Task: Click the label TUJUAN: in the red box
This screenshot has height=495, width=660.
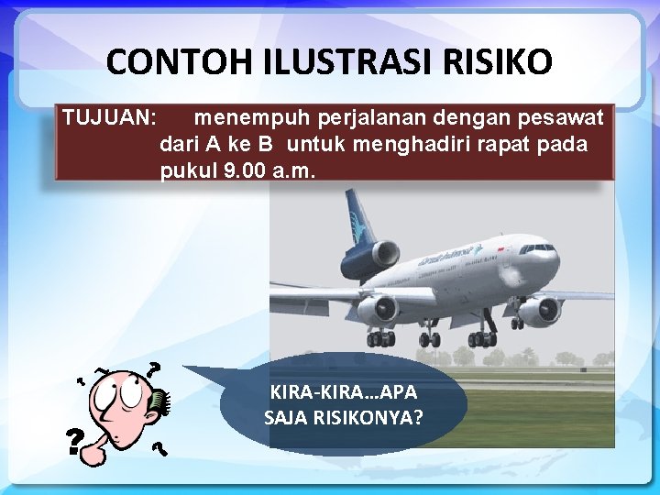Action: click(x=109, y=118)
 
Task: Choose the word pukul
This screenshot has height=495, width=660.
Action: click(x=189, y=171)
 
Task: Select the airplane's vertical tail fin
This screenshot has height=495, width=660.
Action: click(x=358, y=215)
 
